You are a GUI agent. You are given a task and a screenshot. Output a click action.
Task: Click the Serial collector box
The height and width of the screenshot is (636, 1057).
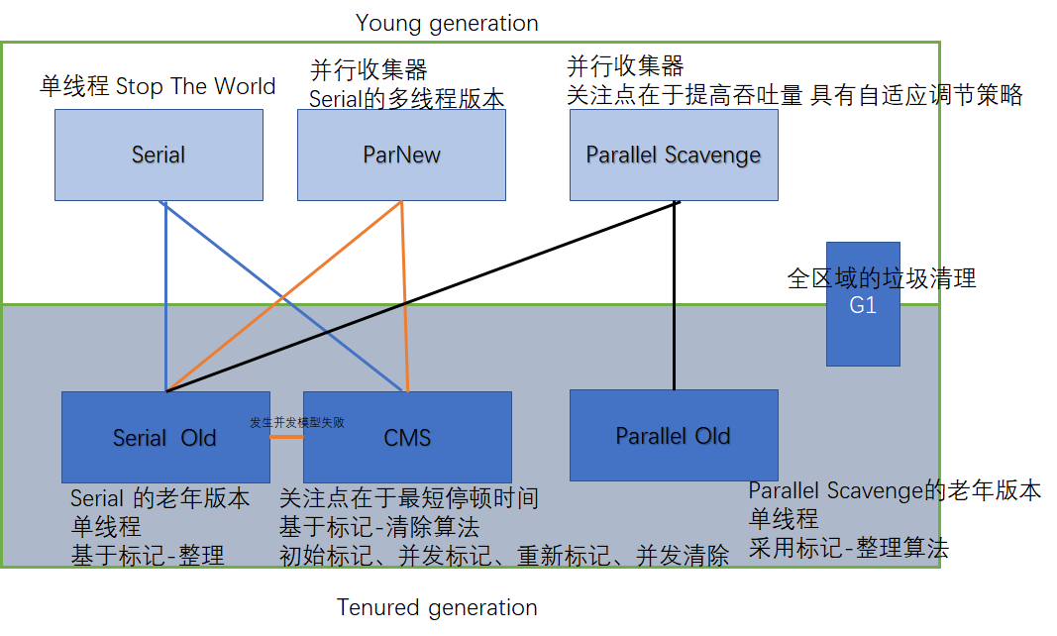159,155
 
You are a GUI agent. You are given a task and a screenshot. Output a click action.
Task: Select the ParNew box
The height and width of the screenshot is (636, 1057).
401,155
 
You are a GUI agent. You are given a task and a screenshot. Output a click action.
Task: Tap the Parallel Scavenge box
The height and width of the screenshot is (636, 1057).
674,155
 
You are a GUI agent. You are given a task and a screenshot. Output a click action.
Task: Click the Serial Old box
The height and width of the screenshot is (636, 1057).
164,437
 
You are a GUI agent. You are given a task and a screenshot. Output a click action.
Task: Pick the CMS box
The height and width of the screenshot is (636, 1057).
407,437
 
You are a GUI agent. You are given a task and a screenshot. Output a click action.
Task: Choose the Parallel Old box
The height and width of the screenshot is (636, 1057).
674,435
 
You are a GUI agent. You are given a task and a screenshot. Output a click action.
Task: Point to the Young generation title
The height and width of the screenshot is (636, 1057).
447,23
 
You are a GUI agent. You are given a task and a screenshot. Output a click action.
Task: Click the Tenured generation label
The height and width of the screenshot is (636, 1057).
437,607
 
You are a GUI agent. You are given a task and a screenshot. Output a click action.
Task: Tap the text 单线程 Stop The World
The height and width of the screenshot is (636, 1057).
158,86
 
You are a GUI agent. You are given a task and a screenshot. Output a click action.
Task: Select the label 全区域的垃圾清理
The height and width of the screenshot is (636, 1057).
882,278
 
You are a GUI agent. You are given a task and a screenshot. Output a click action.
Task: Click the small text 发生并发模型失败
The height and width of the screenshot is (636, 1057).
297,422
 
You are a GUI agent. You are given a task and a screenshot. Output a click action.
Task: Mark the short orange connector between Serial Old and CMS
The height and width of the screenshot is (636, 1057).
287,436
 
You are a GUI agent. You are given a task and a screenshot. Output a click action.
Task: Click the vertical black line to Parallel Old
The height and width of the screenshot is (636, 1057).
674,297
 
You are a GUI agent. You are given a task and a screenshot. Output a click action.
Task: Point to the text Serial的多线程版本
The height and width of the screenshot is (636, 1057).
407,99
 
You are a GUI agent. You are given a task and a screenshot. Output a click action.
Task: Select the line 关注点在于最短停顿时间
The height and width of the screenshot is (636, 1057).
409,497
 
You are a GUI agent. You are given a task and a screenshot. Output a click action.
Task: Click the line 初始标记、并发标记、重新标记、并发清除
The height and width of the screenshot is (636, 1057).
504,556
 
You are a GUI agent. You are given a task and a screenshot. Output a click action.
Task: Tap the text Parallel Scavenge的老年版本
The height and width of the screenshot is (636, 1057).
895,490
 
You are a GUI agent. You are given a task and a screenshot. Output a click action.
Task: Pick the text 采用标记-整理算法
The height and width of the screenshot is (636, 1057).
848,549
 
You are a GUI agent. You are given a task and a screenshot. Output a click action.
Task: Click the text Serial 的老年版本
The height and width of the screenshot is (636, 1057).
159,498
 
